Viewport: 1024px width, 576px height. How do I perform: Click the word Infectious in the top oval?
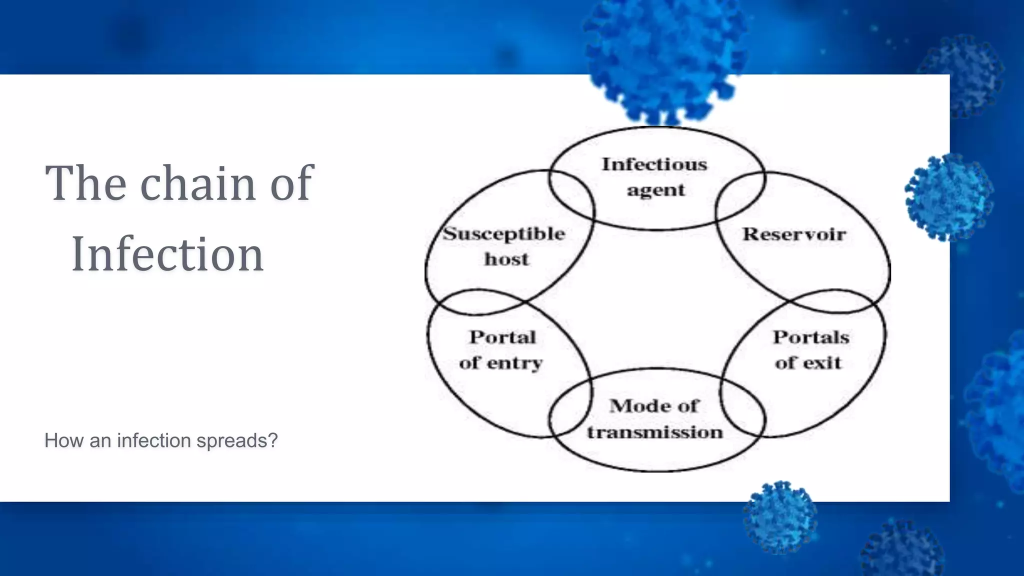click(654, 164)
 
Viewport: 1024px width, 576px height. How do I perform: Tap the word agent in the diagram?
click(656, 190)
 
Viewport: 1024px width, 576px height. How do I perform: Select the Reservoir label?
click(794, 234)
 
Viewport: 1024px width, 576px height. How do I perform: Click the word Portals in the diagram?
click(811, 337)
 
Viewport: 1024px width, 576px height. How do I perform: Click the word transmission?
click(655, 432)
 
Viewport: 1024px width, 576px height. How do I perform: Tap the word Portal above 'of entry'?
click(502, 337)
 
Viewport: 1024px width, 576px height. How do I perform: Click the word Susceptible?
click(504, 234)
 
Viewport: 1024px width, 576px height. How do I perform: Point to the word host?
click(506, 259)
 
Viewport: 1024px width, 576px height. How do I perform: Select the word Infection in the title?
click(167, 254)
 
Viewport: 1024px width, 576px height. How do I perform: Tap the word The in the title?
click(85, 183)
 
